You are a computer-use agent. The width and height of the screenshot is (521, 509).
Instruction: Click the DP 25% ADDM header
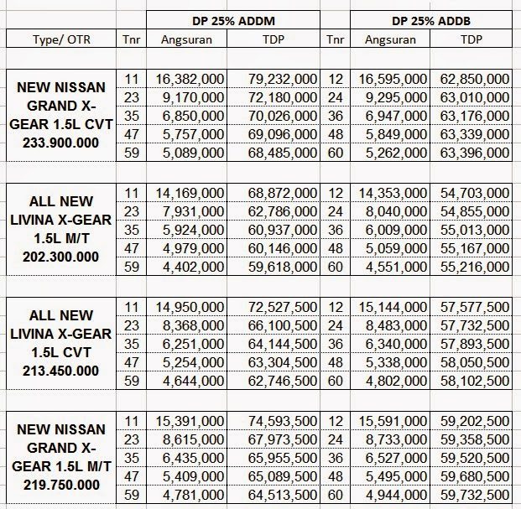pyautogui.click(x=233, y=21)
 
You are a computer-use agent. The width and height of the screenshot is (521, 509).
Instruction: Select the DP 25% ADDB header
pyautogui.click(x=431, y=21)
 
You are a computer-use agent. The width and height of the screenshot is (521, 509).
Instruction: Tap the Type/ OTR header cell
pyautogui.click(x=61, y=39)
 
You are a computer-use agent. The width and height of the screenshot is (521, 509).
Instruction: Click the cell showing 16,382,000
pyautogui.click(x=190, y=79)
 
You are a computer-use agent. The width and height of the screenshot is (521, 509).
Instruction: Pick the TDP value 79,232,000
pyautogui.click(x=283, y=79)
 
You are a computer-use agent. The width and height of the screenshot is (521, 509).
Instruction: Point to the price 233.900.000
pyautogui.click(x=60, y=143)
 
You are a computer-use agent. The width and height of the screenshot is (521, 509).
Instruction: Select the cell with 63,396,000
pyautogui.click(x=475, y=153)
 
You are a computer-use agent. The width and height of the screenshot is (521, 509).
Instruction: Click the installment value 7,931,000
pyautogui.click(x=193, y=211)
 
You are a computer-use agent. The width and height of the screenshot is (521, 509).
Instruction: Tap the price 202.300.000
pyautogui.click(x=60, y=257)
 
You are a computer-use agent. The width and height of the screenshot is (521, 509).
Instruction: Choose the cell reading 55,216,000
pyautogui.click(x=475, y=267)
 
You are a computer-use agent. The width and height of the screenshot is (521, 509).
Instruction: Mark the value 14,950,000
pyautogui.click(x=190, y=307)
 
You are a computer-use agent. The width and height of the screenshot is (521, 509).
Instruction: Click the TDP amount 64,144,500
pyautogui.click(x=283, y=344)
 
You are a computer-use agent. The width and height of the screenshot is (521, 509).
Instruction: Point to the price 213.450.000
pyautogui.click(x=60, y=371)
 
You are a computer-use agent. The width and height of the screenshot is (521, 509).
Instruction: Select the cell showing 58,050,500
pyautogui.click(x=475, y=362)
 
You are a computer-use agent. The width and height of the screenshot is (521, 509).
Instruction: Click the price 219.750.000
pyautogui.click(x=61, y=485)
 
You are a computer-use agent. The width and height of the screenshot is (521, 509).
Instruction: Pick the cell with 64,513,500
pyautogui.click(x=283, y=495)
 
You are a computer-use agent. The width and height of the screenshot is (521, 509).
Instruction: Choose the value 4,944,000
pyautogui.click(x=396, y=495)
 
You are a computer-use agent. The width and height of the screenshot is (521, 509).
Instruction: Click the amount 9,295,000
pyautogui.click(x=396, y=97)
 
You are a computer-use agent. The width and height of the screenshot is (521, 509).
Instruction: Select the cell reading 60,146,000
pyautogui.click(x=283, y=248)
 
